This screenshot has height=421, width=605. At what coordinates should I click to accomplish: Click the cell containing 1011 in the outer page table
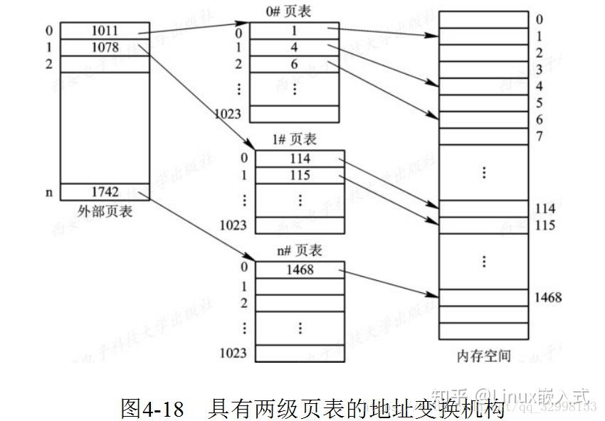point(105,31)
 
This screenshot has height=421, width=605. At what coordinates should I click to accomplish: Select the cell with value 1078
point(105,48)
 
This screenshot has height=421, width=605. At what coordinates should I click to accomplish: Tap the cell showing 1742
point(105,192)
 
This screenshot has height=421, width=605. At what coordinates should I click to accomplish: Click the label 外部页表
point(105,211)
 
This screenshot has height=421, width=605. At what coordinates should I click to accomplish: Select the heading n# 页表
point(299,250)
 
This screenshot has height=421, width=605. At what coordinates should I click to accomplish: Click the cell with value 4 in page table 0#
point(294,48)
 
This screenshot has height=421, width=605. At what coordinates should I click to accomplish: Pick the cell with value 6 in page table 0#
point(294,64)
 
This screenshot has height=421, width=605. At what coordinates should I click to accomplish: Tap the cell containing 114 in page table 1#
point(300,158)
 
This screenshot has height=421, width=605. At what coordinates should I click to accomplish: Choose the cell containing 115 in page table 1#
point(300,175)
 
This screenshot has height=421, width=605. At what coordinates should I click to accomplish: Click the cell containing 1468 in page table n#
point(300,270)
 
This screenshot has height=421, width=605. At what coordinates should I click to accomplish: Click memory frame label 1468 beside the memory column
point(547,297)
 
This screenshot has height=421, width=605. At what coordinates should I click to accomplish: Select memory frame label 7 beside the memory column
point(540,136)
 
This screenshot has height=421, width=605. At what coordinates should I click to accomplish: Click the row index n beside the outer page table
point(49,192)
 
